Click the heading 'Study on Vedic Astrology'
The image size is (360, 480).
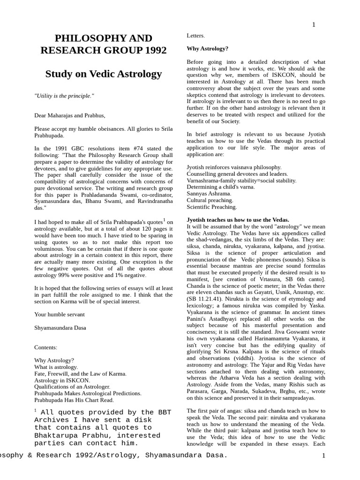(x=104, y=74)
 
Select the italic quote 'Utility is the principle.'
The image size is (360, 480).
(x=64, y=96)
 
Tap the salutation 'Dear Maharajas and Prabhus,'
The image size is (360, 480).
(x=70, y=115)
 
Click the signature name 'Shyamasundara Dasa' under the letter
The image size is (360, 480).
(x=61, y=328)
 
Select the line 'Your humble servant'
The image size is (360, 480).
(x=60, y=314)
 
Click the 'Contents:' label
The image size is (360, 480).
(x=46, y=347)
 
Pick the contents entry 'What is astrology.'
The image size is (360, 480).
(x=56, y=367)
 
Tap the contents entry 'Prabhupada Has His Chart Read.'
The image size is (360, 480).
(x=74, y=400)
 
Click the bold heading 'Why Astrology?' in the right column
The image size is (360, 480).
(x=208, y=48)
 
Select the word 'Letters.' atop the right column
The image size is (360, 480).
(x=196, y=35)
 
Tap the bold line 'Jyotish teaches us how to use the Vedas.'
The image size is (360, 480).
(x=238, y=219)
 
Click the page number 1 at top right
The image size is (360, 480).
(x=314, y=25)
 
